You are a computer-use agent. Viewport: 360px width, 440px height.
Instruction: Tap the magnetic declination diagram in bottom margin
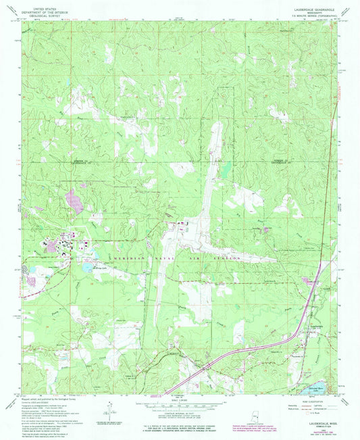108,408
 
